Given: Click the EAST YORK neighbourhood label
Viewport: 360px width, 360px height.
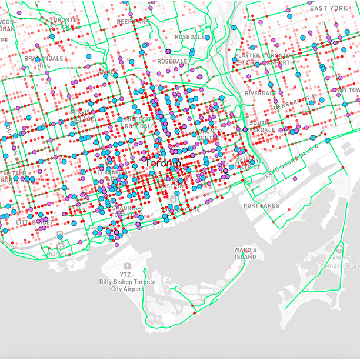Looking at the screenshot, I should pos(329,8).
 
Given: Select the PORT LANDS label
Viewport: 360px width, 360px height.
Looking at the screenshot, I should pos(262,205).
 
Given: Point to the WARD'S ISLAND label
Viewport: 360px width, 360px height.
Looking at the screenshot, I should pos(245,254).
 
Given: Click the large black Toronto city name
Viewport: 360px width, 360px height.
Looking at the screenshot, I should pos(161,162).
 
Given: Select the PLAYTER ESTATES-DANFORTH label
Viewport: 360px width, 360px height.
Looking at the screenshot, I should pos(265,59).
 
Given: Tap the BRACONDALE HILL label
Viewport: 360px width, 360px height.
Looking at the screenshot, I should pos(44,62).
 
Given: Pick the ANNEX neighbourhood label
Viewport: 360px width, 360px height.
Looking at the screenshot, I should pos(108,72).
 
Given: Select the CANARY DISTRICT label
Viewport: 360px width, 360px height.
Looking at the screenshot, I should pos(248,164).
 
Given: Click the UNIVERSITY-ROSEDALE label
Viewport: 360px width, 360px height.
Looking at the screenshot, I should pos(140,122).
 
